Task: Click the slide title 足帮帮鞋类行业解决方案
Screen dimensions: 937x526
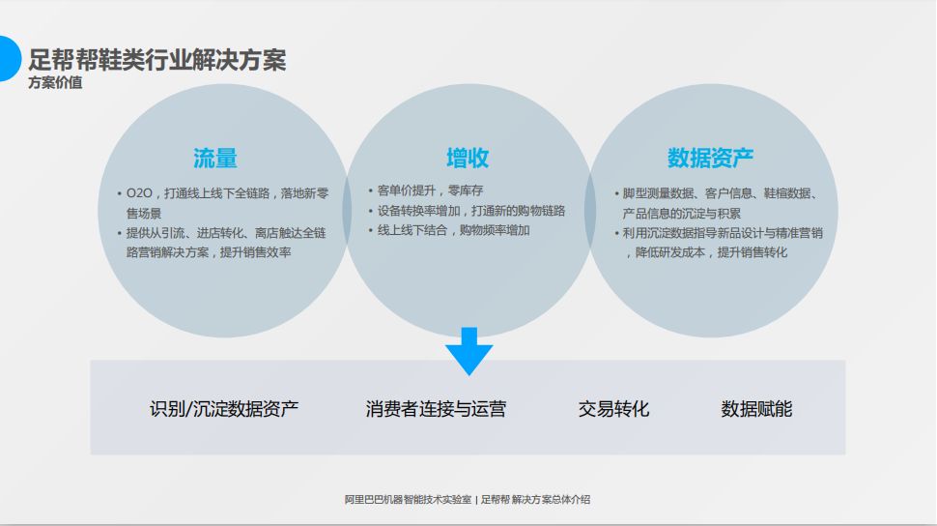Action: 157,60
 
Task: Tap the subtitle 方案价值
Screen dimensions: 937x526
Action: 55,83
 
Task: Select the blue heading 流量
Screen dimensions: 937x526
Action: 214,158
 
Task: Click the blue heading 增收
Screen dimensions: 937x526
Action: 467,158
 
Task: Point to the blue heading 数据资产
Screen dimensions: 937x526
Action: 710,158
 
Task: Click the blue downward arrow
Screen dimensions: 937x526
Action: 469,351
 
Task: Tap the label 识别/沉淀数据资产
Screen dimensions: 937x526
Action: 224,409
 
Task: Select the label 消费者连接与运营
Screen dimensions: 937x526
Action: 436,409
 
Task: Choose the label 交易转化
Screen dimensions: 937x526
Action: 613,409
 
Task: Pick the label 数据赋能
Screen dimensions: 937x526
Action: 756,409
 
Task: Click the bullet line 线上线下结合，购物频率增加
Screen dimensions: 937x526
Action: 453,230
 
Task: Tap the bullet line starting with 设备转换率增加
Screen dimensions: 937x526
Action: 470,211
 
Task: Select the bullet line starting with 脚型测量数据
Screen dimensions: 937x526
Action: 720,193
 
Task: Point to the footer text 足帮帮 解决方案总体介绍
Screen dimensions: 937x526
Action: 535,500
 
